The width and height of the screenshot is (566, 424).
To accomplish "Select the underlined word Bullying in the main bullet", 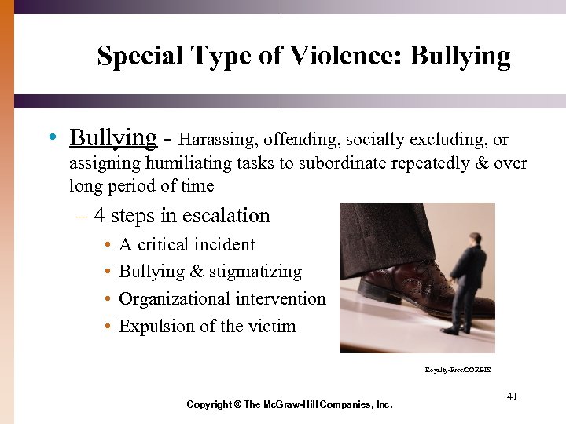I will click(x=113, y=138).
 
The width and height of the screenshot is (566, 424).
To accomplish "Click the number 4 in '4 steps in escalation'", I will click(x=99, y=216).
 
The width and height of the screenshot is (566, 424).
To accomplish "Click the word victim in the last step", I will click(x=272, y=326).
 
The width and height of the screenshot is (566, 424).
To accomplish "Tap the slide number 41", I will click(x=512, y=397).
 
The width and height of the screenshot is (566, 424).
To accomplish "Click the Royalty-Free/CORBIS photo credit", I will click(x=458, y=370).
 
